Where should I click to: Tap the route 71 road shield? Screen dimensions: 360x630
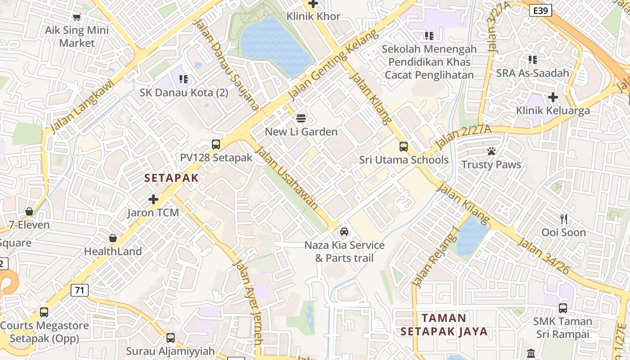click(x=79, y=290)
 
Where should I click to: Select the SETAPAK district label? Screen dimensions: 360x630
click(x=171, y=178)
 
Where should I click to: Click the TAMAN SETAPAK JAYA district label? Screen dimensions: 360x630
click(x=444, y=325)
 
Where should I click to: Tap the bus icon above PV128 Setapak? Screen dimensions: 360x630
click(x=216, y=144)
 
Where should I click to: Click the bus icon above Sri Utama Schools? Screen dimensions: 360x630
click(x=404, y=147)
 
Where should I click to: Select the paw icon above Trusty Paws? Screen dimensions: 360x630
click(x=491, y=151)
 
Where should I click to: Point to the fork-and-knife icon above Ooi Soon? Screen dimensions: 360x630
click(x=563, y=219)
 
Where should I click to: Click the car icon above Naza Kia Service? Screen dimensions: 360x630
click(x=344, y=232)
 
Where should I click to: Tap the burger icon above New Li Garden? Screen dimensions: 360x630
click(x=301, y=118)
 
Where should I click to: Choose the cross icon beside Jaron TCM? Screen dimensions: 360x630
click(x=153, y=199)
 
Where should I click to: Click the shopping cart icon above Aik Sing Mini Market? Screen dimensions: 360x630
click(x=76, y=17)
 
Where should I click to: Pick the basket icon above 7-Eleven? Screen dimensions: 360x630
click(x=29, y=211)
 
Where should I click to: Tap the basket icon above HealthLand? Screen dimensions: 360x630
click(x=113, y=238)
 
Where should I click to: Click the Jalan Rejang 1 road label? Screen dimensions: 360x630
click(x=436, y=257)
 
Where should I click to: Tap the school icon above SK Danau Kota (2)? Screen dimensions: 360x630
click(x=183, y=80)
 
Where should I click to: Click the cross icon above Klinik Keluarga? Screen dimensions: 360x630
click(x=553, y=97)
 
